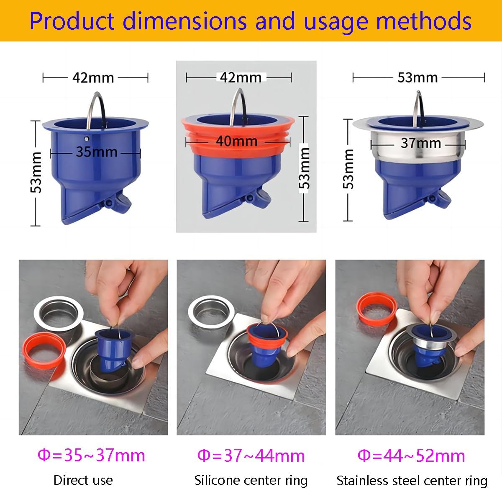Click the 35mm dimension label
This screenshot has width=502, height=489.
96,152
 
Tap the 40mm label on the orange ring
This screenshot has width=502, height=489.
236,141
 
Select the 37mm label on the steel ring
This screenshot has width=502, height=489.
420,143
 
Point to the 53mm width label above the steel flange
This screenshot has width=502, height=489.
417,77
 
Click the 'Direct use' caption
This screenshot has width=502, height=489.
83,480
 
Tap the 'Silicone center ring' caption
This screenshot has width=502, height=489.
251,480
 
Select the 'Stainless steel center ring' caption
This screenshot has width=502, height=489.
412,480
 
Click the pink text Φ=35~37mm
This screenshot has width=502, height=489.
91,455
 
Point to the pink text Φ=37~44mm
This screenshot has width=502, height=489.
251,455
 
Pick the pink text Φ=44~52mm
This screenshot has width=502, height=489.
411,455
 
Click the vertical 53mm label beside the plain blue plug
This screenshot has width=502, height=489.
37,172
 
